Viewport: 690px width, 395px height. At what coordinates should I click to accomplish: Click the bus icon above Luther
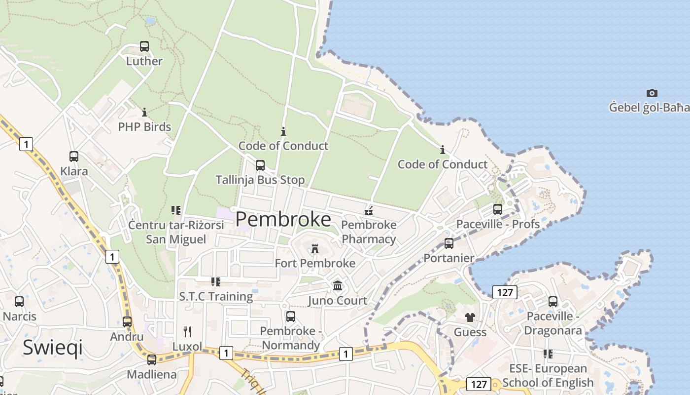144,46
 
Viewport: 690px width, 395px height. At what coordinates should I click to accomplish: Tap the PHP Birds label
144,127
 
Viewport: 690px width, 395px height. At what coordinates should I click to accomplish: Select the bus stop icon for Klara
74,157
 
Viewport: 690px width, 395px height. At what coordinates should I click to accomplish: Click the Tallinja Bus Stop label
260,180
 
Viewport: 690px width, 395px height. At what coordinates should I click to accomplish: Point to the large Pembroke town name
283,219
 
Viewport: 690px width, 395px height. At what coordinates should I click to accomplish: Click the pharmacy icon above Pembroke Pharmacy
369,211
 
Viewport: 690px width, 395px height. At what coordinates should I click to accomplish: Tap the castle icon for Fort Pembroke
315,248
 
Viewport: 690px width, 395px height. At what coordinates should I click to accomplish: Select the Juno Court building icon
338,286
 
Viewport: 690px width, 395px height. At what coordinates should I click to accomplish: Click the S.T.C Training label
216,297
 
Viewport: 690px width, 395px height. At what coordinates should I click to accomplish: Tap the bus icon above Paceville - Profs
498,209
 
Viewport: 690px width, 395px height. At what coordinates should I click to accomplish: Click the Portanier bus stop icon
449,243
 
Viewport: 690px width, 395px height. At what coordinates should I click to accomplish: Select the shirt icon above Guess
470,317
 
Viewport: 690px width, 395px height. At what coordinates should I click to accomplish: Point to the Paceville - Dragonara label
553,323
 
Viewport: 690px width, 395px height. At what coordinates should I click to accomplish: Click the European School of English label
548,375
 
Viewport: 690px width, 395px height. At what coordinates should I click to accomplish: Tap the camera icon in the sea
652,93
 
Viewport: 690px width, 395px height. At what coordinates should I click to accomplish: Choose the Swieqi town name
53,348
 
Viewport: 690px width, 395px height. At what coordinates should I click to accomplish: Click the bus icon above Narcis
19,301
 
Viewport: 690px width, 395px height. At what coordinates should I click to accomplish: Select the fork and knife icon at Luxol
187,332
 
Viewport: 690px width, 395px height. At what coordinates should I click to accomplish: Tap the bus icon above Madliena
152,360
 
